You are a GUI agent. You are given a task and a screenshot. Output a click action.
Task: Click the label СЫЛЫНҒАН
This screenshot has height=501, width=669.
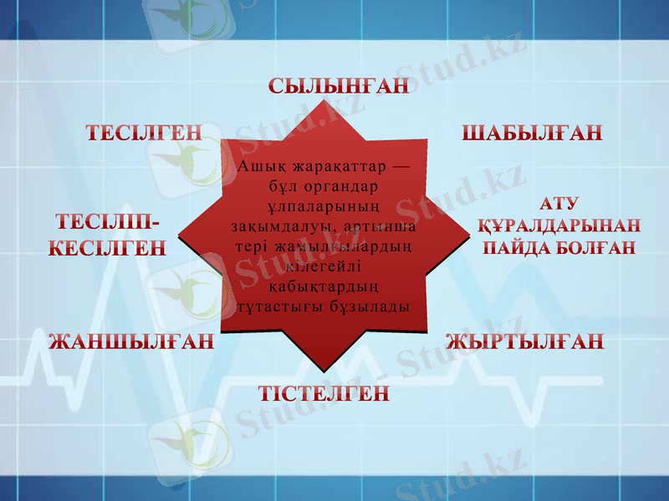click(x=339, y=85)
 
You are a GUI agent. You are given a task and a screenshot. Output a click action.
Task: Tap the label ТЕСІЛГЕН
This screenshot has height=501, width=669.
click(x=145, y=133)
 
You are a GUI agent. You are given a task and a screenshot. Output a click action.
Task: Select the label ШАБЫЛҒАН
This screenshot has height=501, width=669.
click(x=532, y=133)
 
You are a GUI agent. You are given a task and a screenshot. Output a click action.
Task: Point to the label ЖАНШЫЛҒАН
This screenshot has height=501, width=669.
click(x=132, y=342)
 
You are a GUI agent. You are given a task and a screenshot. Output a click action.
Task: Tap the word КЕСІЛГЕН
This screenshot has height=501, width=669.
click(x=107, y=248)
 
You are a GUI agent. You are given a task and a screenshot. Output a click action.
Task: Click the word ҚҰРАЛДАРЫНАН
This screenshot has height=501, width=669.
click(x=558, y=225)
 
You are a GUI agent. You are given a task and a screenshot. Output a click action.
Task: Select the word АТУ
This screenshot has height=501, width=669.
click(x=560, y=204)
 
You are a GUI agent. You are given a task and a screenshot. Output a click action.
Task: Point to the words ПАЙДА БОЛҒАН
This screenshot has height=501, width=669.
click(x=559, y=247)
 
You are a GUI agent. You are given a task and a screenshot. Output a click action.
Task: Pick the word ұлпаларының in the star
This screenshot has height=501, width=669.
click(x=322, y=206)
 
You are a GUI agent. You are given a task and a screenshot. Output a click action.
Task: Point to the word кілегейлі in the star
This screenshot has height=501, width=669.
click(x=322, y=266)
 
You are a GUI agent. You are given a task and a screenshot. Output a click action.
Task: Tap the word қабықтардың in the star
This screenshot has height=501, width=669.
click(x=322, y=286)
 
